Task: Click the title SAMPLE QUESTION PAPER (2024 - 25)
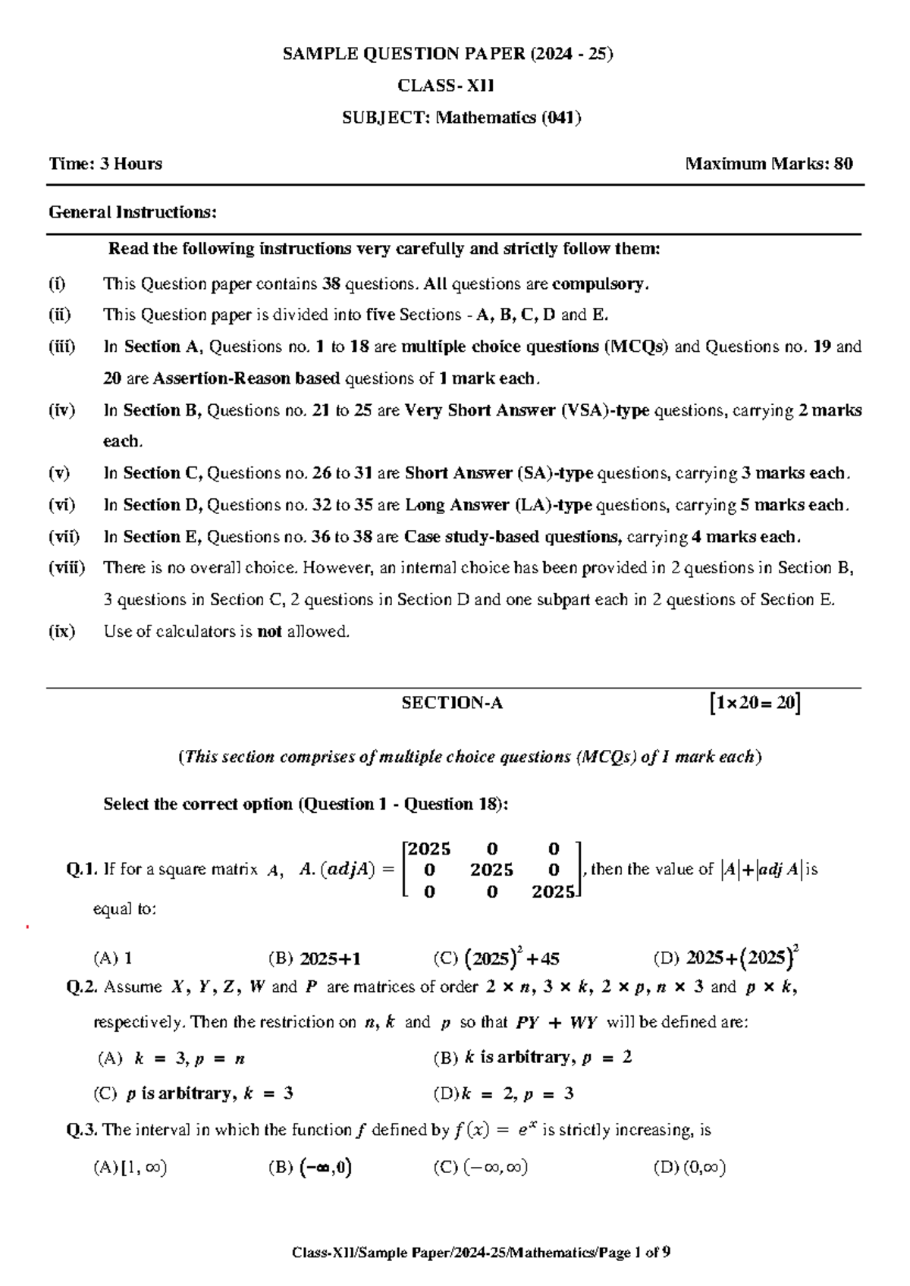tap(447, 54)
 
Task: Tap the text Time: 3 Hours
tap(105, 164)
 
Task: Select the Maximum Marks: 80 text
tap(769, 164)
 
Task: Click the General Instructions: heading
tap(133, 212)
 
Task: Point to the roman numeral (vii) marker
tap(64, 537)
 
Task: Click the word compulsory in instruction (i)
tap(599, 284)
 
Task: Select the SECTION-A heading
tap(452, 704)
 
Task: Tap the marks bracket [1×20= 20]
tap(753, 704)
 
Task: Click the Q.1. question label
tap(82, 870)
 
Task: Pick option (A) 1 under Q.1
tap(113, 958)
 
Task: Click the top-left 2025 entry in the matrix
tap(429, 848)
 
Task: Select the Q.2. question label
tap(83, 987)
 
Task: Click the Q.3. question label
tap(83, 1131)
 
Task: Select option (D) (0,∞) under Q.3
tap(689, 1168)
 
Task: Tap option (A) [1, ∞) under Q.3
tap(130, 1168)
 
